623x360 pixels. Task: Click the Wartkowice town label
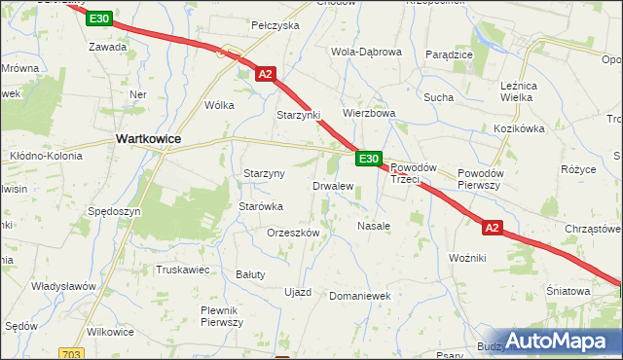tap(148, 139)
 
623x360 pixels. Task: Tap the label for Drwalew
tap(332, 186)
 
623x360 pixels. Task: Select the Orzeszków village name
tap(293, 234)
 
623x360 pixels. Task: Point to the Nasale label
tap(374, 226)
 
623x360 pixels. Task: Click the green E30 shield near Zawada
tap(98, 18)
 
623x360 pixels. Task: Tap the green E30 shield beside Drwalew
tap(367, 159)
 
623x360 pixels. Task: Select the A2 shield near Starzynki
tap(266, 73)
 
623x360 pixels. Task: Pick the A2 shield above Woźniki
tap(493, 228)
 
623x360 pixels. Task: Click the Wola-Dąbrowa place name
tap(366, 53)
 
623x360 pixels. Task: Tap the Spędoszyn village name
tap(114, 211)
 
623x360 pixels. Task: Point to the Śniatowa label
tap(568, 291)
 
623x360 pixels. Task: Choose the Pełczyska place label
tap(275, 25)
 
